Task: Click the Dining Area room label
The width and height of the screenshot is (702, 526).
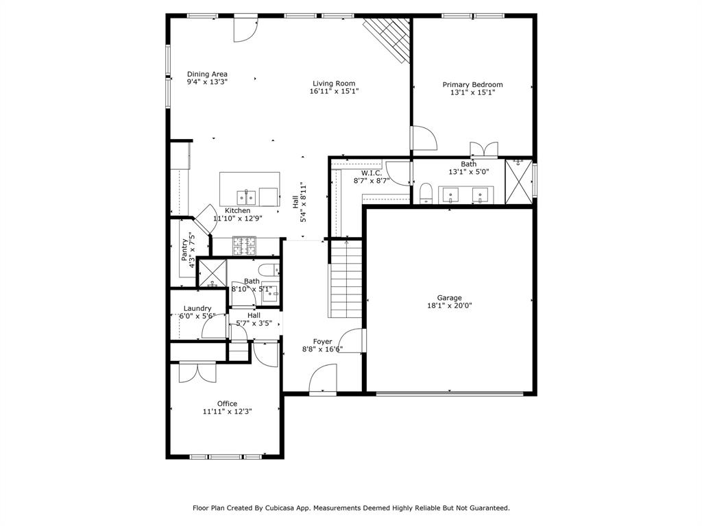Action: coord(207,74)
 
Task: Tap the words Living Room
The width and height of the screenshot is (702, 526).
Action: coord(334,84)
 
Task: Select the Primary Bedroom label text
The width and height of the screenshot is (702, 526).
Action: coord(472,85)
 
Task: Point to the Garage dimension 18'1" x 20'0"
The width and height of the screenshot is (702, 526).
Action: coord(450,306)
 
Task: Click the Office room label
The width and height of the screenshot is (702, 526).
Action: coord(227,403)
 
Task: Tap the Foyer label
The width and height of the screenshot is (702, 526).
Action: coord(322,341)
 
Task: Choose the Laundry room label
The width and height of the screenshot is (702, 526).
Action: coord(197,308)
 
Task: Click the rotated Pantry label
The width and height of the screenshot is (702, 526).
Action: coord(184,249)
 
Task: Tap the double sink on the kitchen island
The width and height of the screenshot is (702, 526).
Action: coord(247,197)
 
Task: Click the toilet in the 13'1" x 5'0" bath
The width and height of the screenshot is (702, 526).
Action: coord(425,194)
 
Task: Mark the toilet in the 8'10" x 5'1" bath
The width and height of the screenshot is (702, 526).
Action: coord(269,268)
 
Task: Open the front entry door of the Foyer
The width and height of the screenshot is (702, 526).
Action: coord(323,378)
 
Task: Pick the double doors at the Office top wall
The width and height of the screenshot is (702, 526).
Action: coord(197,371)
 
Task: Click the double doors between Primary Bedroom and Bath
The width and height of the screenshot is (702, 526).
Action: coord(483,149)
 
